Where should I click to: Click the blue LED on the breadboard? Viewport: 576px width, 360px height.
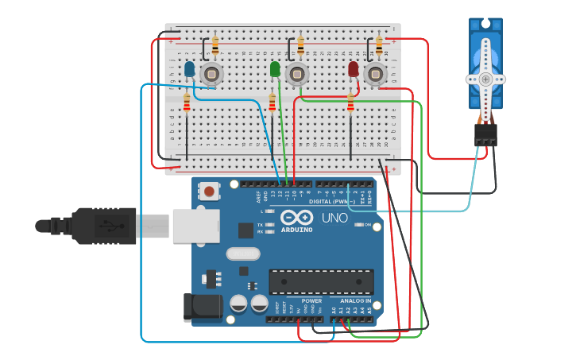tap(189, 70)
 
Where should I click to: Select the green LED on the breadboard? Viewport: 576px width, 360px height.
tap(275, 70)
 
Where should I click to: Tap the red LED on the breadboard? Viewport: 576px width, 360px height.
tap(354, 70)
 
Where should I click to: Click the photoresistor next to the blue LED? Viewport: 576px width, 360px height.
tap(211, 75)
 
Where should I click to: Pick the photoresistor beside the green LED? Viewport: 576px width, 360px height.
tap(296, 75)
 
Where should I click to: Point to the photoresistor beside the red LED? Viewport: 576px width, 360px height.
tap(374, 75)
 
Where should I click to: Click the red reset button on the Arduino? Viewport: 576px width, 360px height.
tap(209, 191)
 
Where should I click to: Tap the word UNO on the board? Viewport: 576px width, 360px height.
tap(334, 218)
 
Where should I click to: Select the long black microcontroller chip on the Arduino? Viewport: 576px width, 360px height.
tap(321, 281)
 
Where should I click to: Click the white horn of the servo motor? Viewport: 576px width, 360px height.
tap(485, 79)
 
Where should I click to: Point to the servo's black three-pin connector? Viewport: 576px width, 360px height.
tap(485, 134)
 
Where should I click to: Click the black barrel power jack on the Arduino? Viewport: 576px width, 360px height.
tap(199, 308)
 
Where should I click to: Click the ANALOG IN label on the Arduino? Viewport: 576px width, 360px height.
tap(355, 301)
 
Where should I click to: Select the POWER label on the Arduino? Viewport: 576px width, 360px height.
tap(311, 301)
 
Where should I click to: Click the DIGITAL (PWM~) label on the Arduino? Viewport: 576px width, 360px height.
tap(332, 201)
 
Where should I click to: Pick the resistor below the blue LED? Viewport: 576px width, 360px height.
tap(187, 103)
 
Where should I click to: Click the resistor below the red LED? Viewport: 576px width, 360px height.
tap(350, 103)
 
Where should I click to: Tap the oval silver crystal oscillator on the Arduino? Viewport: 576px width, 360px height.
tap(242, 254)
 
